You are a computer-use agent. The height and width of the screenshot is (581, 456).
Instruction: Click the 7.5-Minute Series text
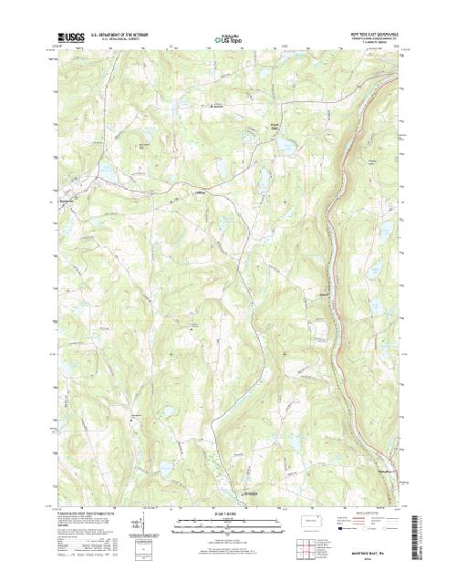[368, 42]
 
